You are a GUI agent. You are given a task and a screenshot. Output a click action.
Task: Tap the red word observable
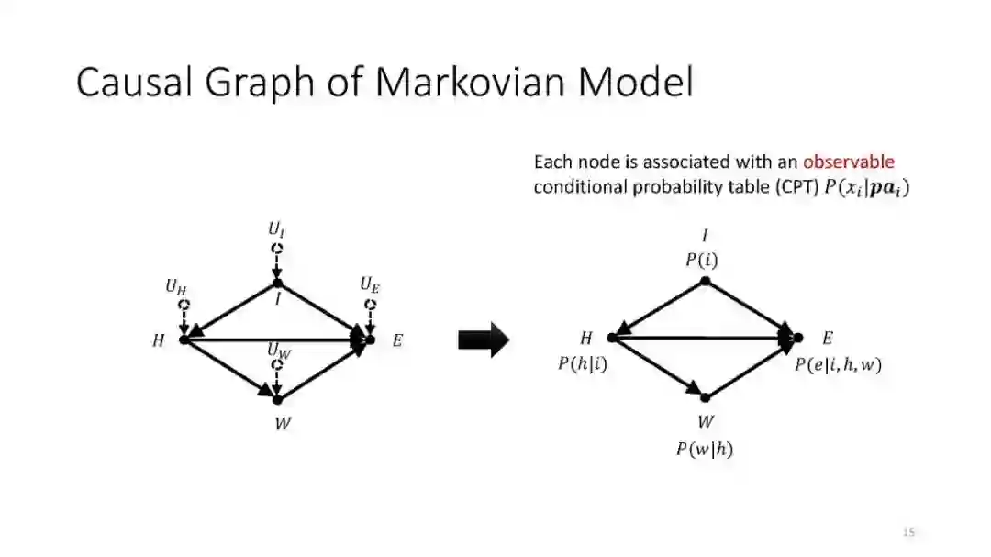click(x=848, y=162)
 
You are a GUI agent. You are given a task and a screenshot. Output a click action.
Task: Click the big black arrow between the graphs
click(x=483, y=340)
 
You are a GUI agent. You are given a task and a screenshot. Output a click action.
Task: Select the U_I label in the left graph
click(x=276, y=228)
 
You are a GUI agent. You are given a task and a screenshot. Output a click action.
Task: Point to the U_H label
click(x=176, y=286)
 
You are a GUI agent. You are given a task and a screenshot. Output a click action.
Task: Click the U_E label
click(x=370, y=285)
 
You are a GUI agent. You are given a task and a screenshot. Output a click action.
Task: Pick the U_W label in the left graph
click(x=279, y=350)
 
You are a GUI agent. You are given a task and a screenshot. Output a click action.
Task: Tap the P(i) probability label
click(x=702, y=260)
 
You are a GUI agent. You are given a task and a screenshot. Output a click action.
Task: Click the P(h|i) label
click(x=583, y=364)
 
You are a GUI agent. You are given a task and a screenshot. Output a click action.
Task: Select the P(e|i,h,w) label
click(x=838, y=364)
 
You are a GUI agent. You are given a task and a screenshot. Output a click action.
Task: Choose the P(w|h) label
click(x=705, y=449)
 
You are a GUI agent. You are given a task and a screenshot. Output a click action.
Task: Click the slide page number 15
click(x=909, y=531)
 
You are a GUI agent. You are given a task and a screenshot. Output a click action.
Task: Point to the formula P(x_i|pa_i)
click(x=866, y=188)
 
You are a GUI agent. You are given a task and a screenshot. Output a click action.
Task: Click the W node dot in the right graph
click(x=705, y=397)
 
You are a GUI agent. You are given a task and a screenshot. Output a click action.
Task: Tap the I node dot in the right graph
click(x=705, y=281)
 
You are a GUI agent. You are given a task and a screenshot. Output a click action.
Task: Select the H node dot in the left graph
click(x=184, y=340)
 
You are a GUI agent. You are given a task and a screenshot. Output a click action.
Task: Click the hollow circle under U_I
click(x=277, y=248)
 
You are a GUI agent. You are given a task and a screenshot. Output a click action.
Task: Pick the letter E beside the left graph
click(x=397, y=340)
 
